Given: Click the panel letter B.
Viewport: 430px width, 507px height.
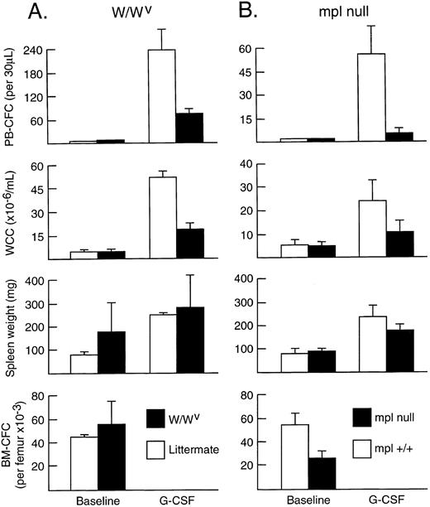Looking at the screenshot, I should (x=249, y=12).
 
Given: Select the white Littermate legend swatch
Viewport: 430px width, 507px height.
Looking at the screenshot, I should (x=164, y=450).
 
